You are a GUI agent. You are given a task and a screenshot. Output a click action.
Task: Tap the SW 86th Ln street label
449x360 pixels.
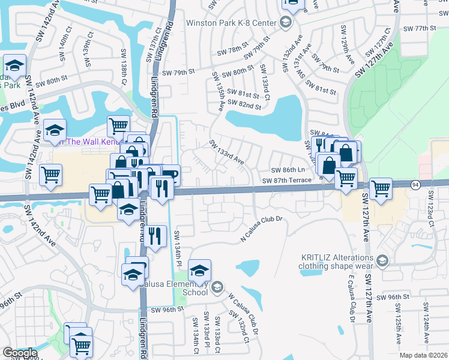coord(288,170)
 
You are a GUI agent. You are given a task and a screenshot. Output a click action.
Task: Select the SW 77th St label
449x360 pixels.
coord(420,28)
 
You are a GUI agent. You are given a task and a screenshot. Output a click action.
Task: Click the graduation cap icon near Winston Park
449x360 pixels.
coord(285,23)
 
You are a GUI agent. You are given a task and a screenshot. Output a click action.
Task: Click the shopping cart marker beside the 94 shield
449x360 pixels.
coord(381,188)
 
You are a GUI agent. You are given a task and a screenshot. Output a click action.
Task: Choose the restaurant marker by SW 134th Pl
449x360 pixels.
coord(155,235)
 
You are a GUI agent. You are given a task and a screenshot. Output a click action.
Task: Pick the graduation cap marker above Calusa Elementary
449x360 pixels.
coord(200,270)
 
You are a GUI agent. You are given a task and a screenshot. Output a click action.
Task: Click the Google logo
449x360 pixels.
coord(20,353)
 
